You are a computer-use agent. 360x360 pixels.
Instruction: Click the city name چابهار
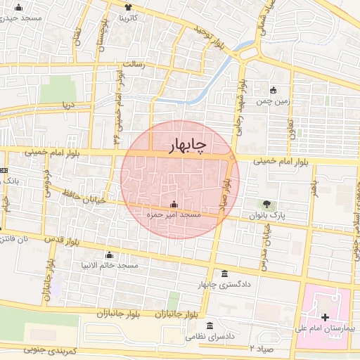point(188,146)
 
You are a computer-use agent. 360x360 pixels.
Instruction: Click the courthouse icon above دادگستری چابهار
point(224,274)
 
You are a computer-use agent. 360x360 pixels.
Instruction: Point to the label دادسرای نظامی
point(212,337)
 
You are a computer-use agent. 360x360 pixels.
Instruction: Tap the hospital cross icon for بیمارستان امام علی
point(324,318)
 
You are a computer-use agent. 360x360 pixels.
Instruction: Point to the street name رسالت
point(134,64)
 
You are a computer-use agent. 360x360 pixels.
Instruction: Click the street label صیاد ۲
point(260,348)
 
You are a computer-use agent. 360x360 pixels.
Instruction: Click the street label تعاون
point(290,127)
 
